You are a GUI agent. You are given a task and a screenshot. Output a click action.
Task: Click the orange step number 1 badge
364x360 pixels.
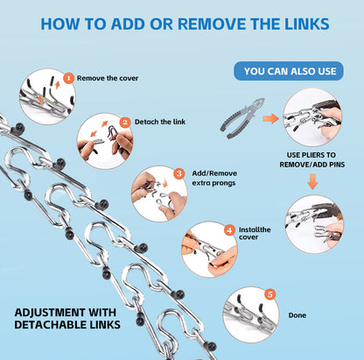68,78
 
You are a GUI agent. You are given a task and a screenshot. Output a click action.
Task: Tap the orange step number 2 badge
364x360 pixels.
125,122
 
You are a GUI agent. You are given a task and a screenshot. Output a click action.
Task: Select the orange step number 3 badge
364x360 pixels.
178,173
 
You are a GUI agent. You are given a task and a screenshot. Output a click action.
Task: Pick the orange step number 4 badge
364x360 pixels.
229,230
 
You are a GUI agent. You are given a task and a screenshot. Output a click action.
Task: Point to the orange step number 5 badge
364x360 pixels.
270,294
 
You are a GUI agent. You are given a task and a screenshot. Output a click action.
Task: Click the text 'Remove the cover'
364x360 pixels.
108,78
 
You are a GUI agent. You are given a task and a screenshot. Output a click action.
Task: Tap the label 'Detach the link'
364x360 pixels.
160,122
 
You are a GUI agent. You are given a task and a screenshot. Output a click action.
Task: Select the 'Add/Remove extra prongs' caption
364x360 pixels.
214,178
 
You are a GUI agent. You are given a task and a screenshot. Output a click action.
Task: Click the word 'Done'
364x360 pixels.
297,315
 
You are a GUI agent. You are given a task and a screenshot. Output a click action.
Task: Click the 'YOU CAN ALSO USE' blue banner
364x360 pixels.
289,71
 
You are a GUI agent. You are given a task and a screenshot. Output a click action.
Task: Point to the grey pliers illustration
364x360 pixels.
242,117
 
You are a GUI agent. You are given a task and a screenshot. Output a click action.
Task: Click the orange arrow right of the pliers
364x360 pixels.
270,118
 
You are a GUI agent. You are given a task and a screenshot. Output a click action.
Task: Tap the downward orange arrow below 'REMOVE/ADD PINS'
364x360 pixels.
312,181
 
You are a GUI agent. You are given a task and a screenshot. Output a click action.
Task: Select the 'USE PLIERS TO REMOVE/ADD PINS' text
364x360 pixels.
312,159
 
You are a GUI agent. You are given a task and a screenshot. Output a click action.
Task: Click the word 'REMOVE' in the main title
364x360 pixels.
213,24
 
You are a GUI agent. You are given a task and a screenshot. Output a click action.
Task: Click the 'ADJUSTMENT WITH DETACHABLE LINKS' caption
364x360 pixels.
67,319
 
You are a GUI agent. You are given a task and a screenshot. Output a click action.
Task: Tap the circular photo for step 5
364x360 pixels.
251,314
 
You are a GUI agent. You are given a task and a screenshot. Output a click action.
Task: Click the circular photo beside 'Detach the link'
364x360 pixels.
105,141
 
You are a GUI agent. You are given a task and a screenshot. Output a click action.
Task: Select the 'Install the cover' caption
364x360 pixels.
255,233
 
